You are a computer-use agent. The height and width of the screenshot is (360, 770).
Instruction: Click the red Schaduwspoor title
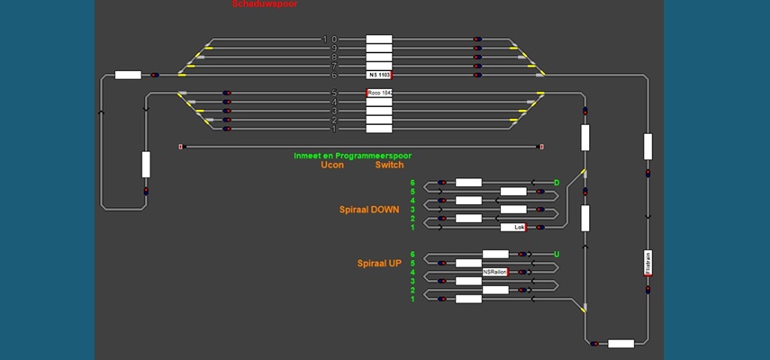point(264,4)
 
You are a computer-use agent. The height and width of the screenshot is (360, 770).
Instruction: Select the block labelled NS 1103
point(379,75)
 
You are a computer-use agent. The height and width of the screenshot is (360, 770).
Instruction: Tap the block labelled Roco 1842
point(379,93)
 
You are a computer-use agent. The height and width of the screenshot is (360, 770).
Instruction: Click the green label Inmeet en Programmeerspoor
point(352,155)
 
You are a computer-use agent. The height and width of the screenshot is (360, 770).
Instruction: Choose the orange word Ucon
point(332,165)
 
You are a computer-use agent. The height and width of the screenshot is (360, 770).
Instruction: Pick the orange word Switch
point(389,165)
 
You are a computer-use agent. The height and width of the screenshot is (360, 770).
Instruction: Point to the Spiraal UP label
point(379,263)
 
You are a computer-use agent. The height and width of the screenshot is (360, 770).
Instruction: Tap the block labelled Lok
point(513,227)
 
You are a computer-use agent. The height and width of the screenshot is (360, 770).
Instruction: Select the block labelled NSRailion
point(495,272)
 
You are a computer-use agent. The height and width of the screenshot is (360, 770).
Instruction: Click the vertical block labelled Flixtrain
point(648,262)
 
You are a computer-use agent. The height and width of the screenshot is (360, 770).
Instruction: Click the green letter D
point(557,183)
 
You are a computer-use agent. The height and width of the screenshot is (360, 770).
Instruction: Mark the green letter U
point(557,255)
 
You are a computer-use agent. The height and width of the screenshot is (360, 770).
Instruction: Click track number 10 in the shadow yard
point(330,40)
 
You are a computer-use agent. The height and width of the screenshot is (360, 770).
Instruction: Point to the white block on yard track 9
point(379,49)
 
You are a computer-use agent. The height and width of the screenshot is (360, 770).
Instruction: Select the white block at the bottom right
point(621,343)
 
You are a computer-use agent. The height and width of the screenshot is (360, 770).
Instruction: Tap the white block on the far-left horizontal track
point(128,75)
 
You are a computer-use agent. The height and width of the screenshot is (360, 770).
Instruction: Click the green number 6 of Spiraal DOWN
point(412,183)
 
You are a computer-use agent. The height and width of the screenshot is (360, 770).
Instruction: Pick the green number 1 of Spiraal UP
point(412,299)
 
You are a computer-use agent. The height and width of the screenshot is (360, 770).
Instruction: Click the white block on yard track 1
point(379,129)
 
